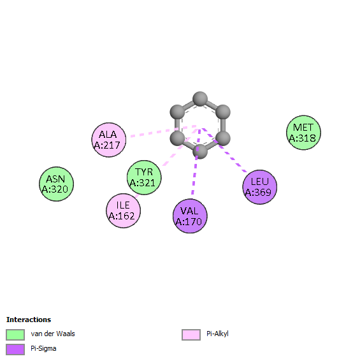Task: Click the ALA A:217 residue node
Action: click(109, 140)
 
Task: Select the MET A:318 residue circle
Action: click(303, 133)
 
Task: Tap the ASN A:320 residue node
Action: click(56, 184)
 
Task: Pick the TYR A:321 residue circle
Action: click(144, 177)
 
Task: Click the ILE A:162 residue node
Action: click(124, 210)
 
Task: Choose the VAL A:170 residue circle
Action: click(190, 216)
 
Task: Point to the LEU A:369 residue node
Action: click(260, 187)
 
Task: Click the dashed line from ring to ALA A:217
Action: click(163, 131)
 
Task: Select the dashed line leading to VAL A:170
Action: click(196, 162)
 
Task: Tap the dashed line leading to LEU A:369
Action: click(224, 150)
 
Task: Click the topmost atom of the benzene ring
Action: click(200, 99)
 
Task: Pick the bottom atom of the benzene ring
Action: click(200, 152)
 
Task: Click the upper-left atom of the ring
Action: click(177, 112)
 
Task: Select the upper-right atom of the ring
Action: click(223, 112)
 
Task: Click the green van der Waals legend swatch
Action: click(15, 334)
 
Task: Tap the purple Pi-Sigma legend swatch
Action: click(15, 350)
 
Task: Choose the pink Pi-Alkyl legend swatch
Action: click(191, 334)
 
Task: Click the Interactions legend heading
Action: click(29, 320)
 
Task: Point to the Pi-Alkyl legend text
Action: click(217, 334)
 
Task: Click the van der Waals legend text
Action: click(53, 334)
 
